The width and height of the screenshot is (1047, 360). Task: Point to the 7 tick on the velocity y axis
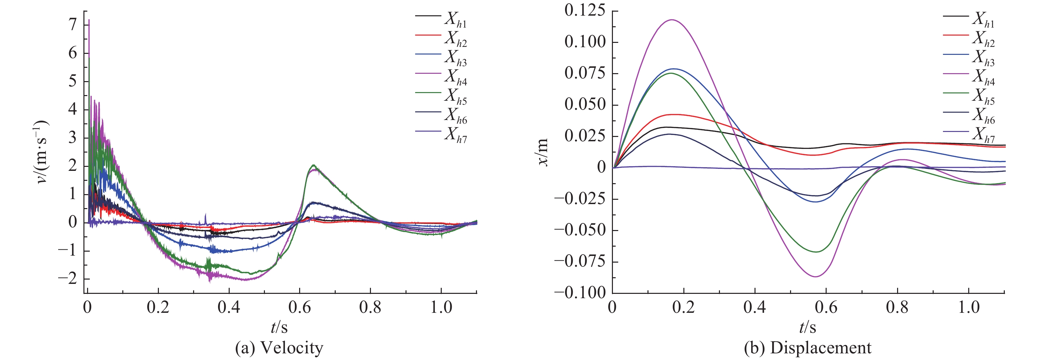click(73, 25)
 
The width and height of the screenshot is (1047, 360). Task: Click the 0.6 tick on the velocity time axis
click(299, 307)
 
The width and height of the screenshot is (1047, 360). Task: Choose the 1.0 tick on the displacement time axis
click(969, 307)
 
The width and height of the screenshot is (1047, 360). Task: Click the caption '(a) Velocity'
click(279, 348)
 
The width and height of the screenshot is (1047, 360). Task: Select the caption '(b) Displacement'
click(808, 348)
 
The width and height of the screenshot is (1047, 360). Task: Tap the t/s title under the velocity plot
click(279, 327)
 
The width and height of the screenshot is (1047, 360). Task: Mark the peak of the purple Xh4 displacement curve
click(672, 20)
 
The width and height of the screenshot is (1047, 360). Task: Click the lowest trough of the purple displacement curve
click(816, 277)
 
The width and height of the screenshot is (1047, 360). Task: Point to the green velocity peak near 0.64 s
click(313, 165)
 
